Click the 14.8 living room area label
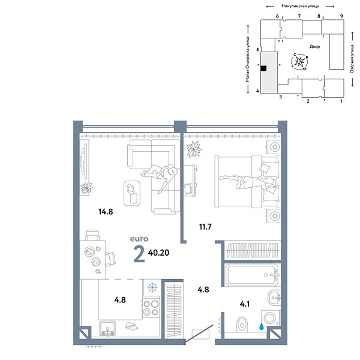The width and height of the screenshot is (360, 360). click(106, 212)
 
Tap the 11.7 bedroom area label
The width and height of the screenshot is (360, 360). click(205, 227)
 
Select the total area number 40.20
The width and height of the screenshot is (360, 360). click(158, 253)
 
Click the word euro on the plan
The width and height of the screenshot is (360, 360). click(139, 239)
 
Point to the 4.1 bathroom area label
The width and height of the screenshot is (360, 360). click(245, 304)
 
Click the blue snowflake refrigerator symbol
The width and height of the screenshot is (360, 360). click(152, 287)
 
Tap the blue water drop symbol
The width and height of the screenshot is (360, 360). click(261, 326)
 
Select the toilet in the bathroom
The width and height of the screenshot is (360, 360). click(242, 325)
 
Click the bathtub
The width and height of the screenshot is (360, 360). click(253, 275)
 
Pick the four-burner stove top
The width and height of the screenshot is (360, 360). click(151, 308)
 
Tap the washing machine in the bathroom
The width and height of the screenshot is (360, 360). click(271, 318)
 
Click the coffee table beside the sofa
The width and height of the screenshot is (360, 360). click(132, 193)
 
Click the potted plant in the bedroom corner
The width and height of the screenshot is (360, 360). click(194, 149)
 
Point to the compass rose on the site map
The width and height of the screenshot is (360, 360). click(299, 62)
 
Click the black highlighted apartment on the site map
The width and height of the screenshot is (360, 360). click(264, 68)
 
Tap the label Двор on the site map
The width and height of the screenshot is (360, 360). click(314, 47)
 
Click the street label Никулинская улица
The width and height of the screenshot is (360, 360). click(300, 7)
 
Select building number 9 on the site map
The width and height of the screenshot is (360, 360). click(341, 16)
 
